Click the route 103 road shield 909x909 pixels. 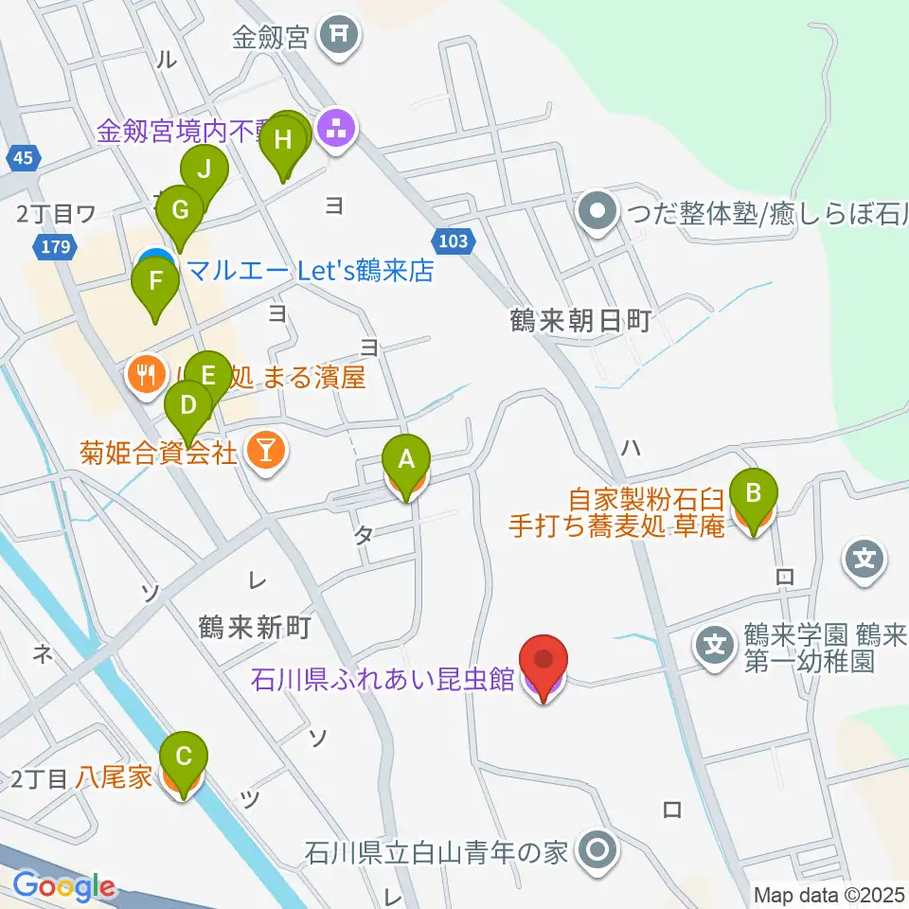point(454,241)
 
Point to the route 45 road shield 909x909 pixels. point(25,158)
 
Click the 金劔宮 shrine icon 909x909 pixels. point(339,37)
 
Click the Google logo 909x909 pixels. point(64,887)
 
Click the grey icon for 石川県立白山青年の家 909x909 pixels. point(597,849)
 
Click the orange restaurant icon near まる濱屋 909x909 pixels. point(146,377)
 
